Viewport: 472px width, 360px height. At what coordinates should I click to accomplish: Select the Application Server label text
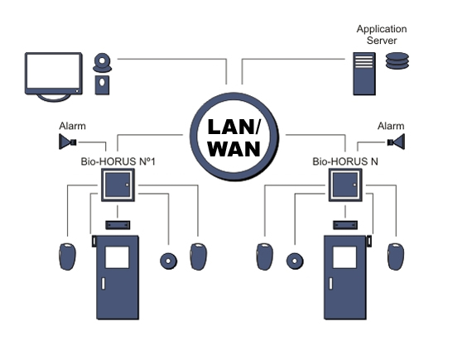[382, 35]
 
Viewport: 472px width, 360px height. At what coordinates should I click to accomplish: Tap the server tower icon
[364, 74]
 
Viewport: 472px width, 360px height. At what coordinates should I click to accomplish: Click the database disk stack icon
[397, 60]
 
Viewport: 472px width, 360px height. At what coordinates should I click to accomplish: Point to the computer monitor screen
[54, 71]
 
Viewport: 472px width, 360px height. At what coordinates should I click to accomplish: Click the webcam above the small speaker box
[103, 63]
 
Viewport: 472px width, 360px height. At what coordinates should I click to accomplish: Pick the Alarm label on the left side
[72, 126]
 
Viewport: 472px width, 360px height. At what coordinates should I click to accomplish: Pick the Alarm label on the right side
[391, 126]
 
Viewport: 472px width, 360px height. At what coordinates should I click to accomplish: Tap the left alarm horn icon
[67, 142]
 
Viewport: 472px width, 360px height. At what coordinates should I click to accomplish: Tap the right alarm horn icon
[396, 142]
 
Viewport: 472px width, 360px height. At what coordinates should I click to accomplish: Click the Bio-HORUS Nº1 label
[118, 161]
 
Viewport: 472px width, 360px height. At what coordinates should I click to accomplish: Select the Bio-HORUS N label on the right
[345, 161]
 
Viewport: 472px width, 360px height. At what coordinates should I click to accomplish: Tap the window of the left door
[117, 257]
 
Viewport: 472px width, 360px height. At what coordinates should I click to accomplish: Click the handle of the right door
[331, 283]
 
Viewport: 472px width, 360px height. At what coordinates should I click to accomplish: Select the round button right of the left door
[169, 261]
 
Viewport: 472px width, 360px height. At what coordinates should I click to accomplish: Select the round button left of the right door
[295, 261]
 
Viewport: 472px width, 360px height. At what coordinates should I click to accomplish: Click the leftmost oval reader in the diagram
[67, 257]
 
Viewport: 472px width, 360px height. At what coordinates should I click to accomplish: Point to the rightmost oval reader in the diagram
[396, 257]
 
